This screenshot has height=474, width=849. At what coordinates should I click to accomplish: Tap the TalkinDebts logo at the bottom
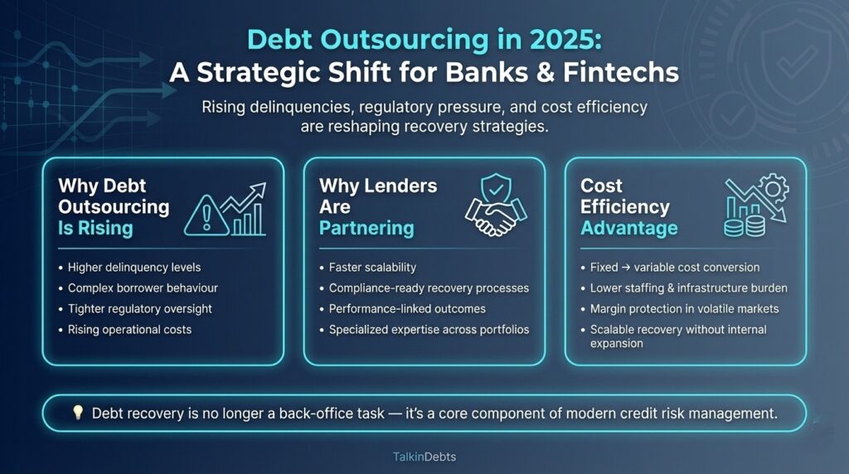[424, 456]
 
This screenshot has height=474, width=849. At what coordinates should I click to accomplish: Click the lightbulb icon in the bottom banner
[78, 413]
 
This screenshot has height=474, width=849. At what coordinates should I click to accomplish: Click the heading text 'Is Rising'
[95, 228]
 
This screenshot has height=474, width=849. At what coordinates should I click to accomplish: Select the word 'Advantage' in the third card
[628, 228]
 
